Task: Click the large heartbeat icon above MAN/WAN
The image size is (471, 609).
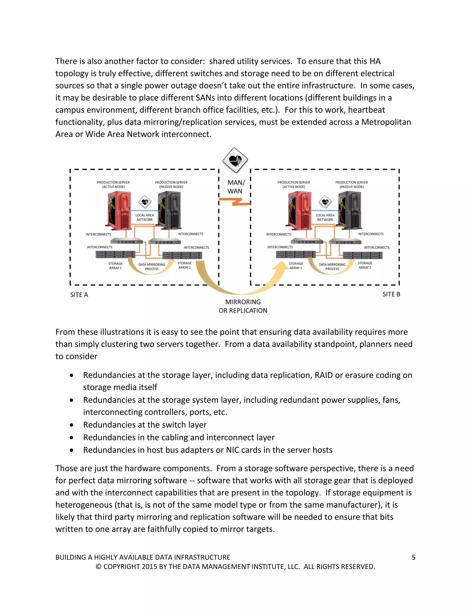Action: (235, 160)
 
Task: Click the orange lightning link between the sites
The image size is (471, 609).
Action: (235, 201)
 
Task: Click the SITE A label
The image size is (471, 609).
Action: (79, 295)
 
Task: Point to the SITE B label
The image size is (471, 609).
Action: (391, 294)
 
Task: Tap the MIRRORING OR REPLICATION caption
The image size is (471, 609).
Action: (243, 306)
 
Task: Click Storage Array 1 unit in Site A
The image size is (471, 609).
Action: (115, 254)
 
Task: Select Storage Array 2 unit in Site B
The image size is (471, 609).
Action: (362, 255)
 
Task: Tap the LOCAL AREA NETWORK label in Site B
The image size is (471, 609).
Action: (325, 217)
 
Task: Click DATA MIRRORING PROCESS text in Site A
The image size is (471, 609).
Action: (152, 267)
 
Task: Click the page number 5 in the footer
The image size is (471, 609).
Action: (413, 558)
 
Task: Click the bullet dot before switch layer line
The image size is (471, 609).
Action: (72, 425)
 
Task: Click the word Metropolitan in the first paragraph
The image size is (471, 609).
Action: (386, 122)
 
